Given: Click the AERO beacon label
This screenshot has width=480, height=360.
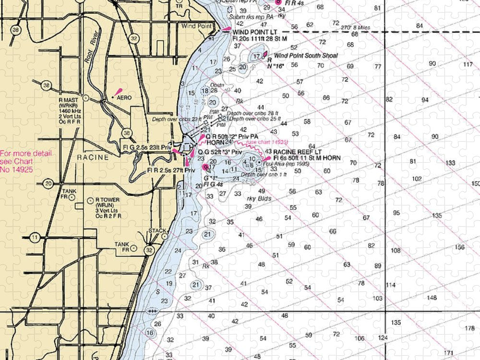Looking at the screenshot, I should click(122, 97).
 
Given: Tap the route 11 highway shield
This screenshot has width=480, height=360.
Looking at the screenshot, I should click(34, 237).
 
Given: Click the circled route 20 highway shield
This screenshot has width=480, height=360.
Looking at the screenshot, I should click(48, 183).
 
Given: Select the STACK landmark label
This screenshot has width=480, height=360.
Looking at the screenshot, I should click(157, 230).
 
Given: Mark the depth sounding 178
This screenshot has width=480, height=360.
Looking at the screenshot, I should click(469, 328).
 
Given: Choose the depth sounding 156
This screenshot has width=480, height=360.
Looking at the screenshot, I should click(460, 247).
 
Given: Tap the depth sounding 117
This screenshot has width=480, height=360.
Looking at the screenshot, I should click(468, 65).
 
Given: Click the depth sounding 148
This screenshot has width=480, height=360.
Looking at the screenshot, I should click(432, 298).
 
